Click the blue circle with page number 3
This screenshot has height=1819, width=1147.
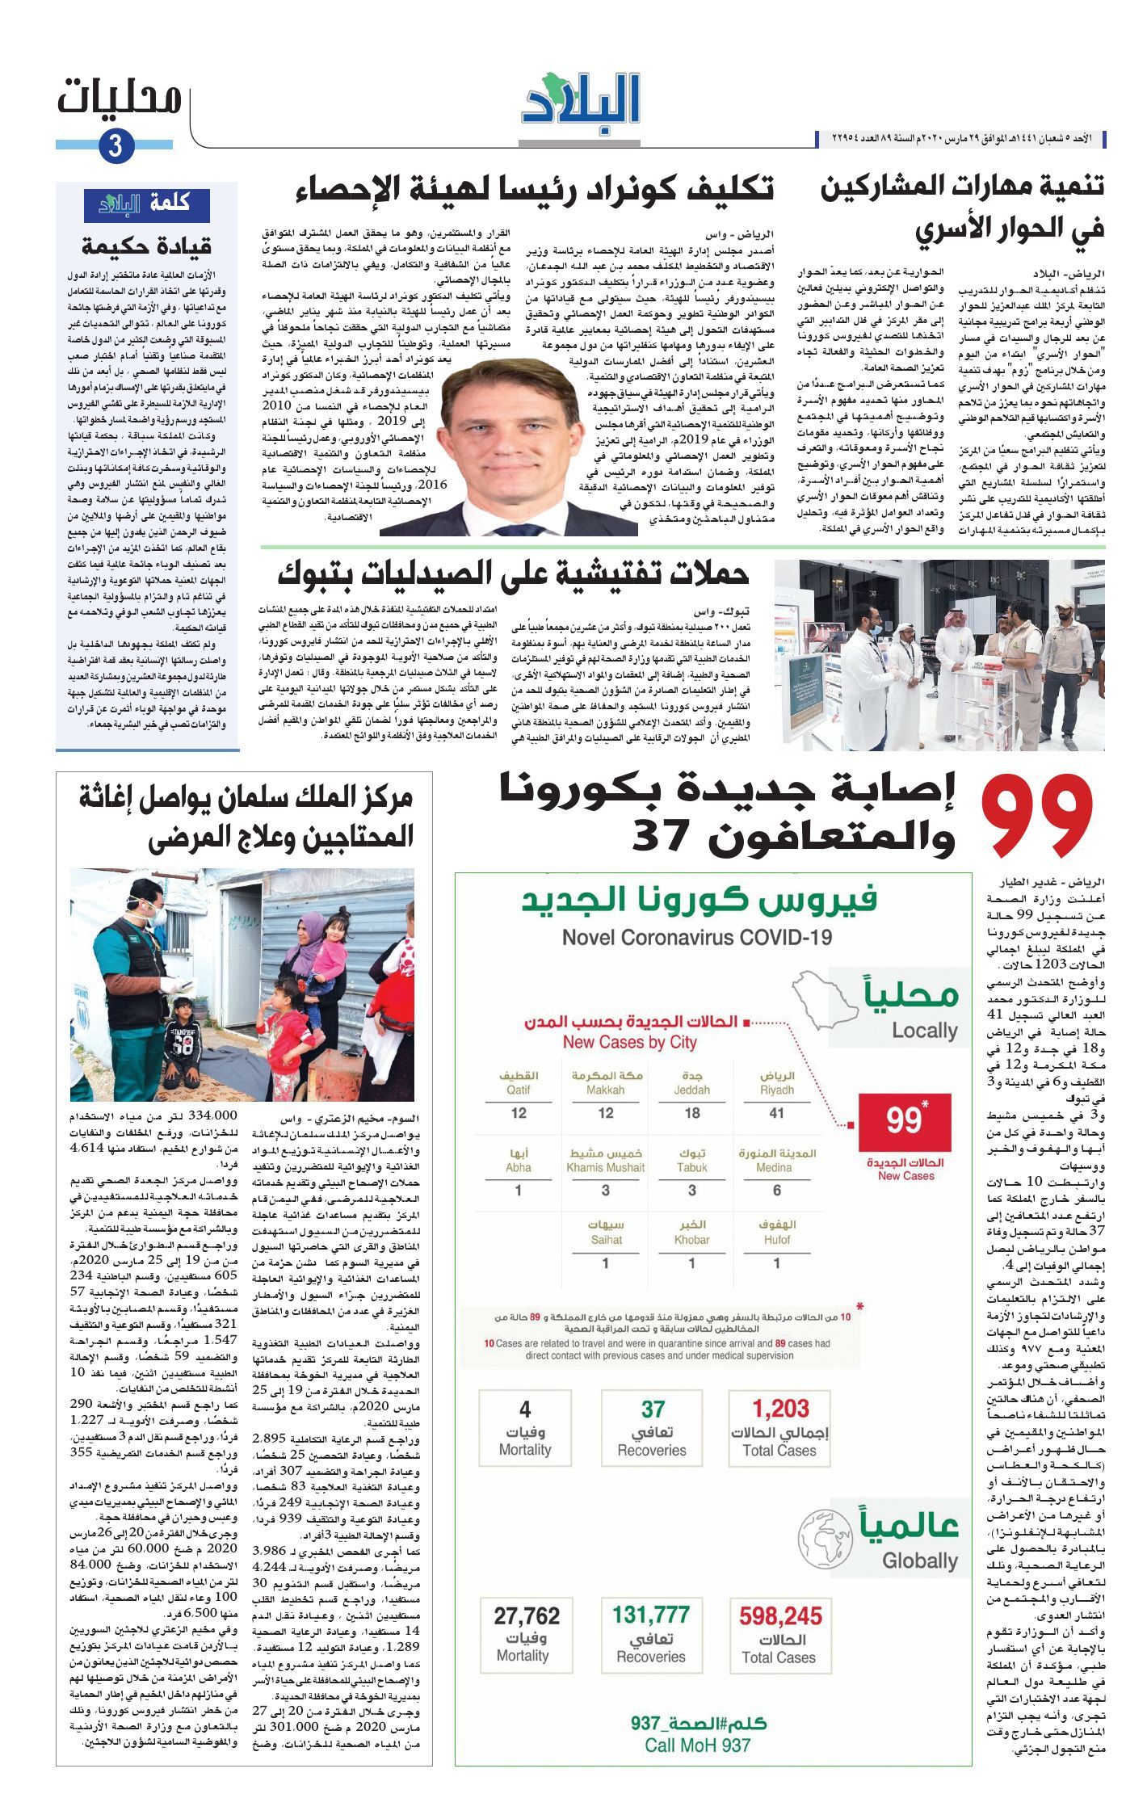click(x=116, y=147)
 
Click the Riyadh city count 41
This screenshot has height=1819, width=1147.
click(x=776, y=1113)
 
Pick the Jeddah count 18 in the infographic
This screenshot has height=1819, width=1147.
click(x=691, y=1113)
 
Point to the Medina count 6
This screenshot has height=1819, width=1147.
click(x=776, y=1190)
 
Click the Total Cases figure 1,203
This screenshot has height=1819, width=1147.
click(x=780, y=1409)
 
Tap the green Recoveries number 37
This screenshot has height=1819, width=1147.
click(x=653, y=1409)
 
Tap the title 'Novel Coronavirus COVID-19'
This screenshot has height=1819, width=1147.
click(x=696, y=937)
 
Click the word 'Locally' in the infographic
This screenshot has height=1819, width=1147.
click(x=924, y=1031)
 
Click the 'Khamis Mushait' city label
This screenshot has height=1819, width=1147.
click(x=605, y=1167)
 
